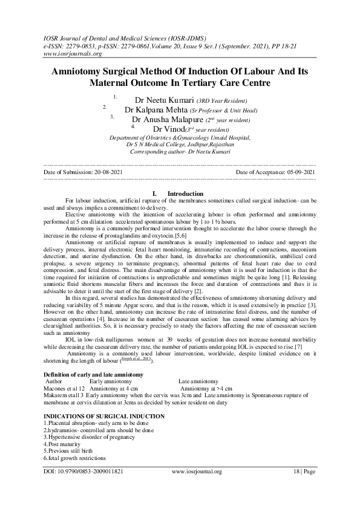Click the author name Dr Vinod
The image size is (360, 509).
[168, 129]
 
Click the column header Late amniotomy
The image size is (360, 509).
[198, 382]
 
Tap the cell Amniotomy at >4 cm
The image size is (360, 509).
[206, 389]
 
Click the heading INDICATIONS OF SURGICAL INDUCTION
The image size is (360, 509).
[103, 417]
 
